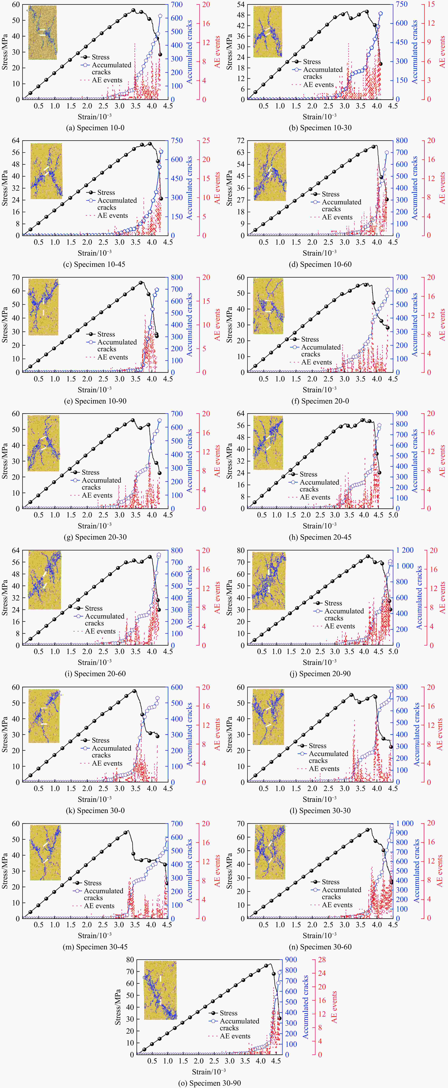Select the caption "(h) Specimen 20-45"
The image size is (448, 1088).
tap(320, 537)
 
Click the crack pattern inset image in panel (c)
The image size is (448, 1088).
tap(46, 171)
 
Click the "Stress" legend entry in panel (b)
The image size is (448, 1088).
tap(311, 62)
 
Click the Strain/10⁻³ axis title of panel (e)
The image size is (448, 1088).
tap(95, 389)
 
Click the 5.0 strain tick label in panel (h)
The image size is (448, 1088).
tap(393, 515)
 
